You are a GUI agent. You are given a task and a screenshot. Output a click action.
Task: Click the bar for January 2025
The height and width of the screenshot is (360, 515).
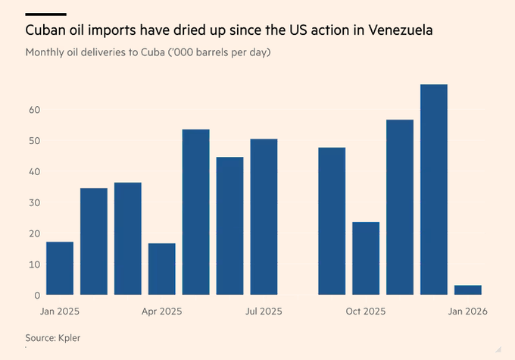point(60,268)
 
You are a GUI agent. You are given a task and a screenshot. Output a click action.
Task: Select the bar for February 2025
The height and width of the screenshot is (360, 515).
point(94,241)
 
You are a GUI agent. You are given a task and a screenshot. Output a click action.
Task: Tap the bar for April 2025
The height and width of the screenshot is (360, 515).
point(162,269)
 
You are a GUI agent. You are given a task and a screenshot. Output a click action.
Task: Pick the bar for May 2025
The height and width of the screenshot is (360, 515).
point(196,212)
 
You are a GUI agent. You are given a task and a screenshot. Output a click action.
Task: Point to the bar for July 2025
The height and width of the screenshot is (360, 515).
point(264,217)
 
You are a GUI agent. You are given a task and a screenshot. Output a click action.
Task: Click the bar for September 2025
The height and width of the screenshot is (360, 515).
point(332,221)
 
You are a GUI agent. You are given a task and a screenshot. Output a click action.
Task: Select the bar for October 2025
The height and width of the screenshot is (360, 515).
point(366,258)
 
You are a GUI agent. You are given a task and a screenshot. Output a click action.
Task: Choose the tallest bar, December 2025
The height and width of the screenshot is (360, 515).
point(434,189)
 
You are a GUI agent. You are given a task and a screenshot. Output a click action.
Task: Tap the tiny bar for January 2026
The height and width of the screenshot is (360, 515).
point(468,290)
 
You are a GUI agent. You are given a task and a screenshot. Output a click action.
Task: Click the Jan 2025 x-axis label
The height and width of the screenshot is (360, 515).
point(60,311)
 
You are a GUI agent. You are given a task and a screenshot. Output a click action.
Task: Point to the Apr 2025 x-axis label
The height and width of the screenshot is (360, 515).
point(162,311)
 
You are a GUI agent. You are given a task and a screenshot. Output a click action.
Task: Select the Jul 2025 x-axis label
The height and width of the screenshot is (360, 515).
point(264,311)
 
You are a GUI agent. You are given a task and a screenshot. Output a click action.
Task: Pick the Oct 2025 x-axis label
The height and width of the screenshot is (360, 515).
point(366,311)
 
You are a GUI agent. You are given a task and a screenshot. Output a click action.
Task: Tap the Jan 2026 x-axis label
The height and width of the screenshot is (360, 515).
point(468,311)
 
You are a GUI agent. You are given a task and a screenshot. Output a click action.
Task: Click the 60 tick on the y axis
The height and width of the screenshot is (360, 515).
point(34,110)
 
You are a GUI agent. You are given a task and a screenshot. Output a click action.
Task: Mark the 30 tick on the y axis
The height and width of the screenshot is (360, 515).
point(34,202)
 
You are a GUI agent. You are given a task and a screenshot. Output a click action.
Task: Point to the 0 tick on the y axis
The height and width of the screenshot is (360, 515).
point(37,295)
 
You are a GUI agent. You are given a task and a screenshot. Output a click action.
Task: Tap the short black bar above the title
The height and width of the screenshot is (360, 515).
point(45,14)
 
